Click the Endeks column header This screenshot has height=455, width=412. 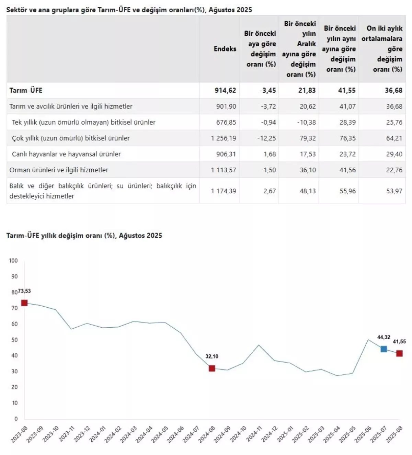[x=225, y=49]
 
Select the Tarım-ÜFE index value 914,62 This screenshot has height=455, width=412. [x=225, y=90]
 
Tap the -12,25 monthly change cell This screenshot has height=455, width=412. [x=267, y=138]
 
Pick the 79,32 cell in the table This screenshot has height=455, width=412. [x=307, y=138]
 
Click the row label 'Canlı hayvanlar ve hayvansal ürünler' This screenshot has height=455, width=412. [x=66, y=154]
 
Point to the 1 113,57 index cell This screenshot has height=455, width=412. [x=224, y=170]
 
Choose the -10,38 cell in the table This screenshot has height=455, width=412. [x=306, y=122]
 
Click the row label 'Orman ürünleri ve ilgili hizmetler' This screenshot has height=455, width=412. [x=59, y=170]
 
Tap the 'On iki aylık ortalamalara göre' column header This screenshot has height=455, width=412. [x=382, y=49]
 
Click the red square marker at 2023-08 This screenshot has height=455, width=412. [x=24, y=303]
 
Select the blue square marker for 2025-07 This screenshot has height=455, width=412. [x=384, y=349]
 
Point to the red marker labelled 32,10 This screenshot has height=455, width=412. [x=212, y=368]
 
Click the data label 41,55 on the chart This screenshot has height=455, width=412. [x=399, y=342]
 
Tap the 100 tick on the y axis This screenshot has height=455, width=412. [x=13, y=261]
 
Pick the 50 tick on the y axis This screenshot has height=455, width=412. [x=14, y=340]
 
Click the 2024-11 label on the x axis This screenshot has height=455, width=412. [x=255, y=434]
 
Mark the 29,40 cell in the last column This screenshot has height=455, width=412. [x=394, y=154]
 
